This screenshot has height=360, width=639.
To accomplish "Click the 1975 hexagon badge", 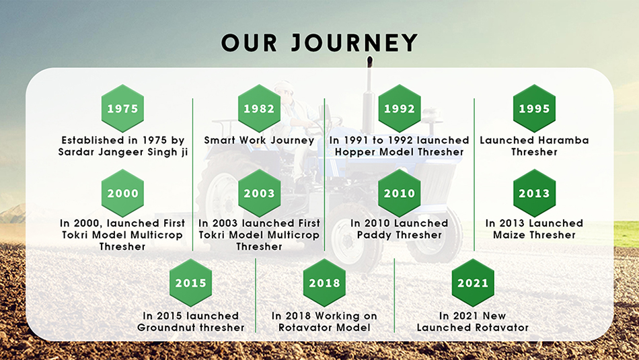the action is (x=122, y=108).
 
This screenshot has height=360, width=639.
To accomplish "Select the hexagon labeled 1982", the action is (x=259, y=108).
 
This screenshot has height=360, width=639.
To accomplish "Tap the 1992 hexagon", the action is (x=400, y=108).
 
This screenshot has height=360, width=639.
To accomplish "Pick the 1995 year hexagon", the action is (x=534, y=108).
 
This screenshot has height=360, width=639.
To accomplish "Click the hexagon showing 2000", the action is (x=122, y=193).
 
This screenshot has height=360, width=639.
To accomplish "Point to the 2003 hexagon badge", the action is (x=259, y=193).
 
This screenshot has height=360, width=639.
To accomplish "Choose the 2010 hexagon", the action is (x=400, y=193).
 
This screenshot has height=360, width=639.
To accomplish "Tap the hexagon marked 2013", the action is (x=534, y=193).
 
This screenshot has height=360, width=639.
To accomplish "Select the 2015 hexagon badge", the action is (x=191, y=283).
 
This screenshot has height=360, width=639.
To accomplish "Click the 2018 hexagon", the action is (x=324, y=283).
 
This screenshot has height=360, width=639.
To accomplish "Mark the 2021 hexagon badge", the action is (x=473, y=283).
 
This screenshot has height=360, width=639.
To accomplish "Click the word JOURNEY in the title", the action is (x=354, y=43).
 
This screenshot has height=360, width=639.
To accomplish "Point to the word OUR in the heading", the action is (x=250, y=43).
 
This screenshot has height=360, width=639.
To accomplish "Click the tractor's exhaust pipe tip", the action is (x=370, y=59).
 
